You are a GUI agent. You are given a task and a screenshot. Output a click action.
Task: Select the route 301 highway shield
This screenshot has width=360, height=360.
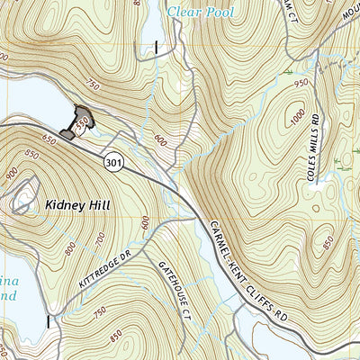coord(112,162)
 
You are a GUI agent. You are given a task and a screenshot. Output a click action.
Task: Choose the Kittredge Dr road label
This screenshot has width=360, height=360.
coord(105,269)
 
